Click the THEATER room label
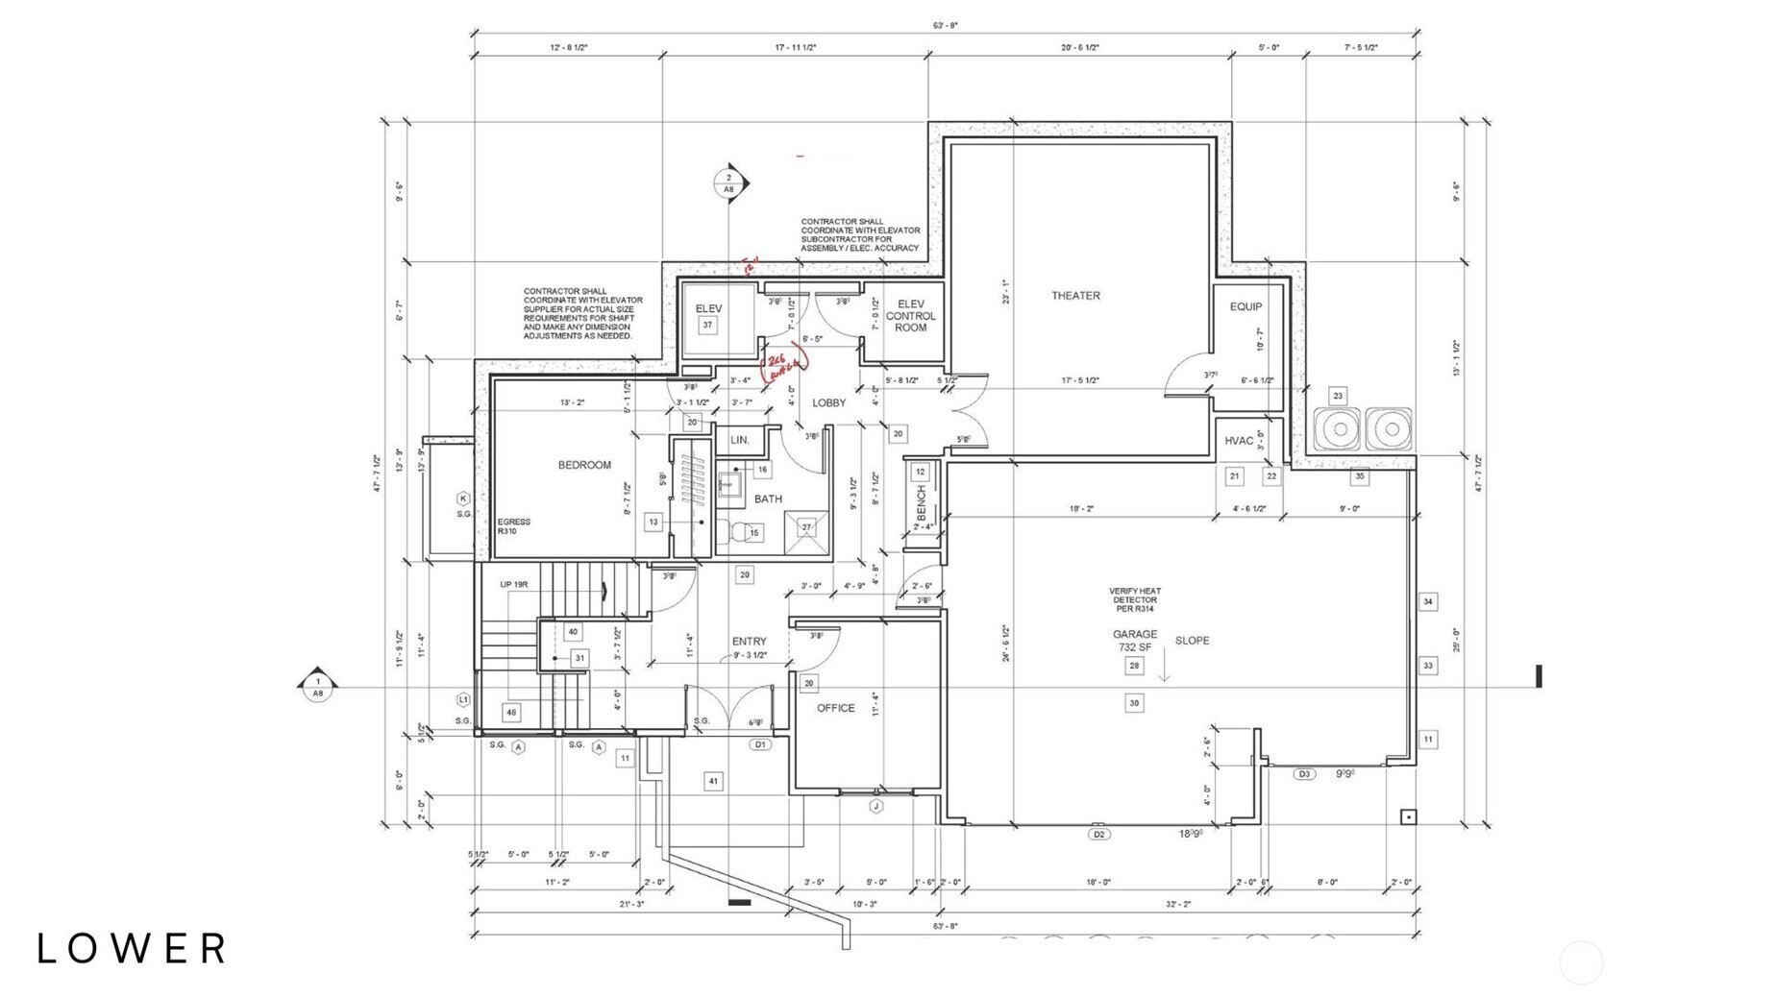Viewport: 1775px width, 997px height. pos(1075,296)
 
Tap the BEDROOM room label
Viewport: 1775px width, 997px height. pos(584,465)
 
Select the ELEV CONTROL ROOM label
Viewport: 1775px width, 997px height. pos(910,316)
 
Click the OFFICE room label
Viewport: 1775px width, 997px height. pos(835,708)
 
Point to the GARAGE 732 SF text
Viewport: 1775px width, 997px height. pos(1135,641)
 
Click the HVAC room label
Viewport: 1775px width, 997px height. pos(1239,441)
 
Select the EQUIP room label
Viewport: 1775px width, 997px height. pos(1245,306)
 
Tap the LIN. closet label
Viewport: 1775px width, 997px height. pos(740,440)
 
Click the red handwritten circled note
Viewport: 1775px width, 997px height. pos(784,363)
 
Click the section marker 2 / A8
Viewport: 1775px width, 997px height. pos(729,182)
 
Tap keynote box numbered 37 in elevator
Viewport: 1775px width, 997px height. pos(707,326)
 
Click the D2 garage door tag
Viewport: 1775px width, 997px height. pos(1098,834)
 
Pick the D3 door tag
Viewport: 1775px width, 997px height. pos(1304,774)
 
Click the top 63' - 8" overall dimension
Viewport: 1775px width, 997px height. pos(945,26)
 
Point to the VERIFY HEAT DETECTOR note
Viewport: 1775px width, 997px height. pos(1135,599)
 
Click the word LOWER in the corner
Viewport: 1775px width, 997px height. pos(133,949)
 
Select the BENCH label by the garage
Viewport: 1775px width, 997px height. pos(921,502)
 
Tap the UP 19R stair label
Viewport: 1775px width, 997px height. pos(513,584)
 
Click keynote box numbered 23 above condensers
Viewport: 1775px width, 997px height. pos(1337,396)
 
